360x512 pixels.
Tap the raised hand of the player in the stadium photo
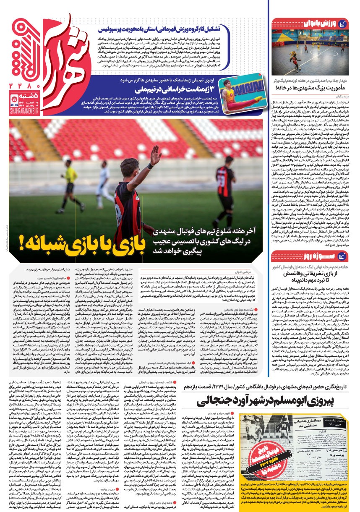coord(156,154)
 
